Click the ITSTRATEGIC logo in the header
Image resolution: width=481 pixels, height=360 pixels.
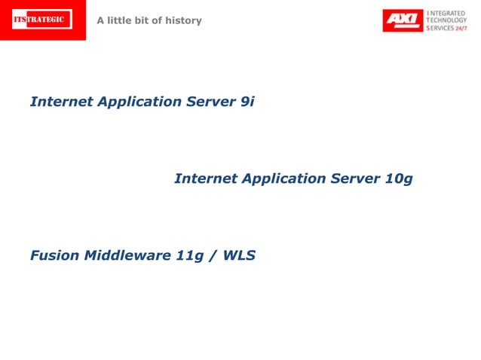click(42, 20)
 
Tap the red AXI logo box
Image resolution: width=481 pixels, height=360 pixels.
click(403, 20)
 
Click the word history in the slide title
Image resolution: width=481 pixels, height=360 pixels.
click(185, 20)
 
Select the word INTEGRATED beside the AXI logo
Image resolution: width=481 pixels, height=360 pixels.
click(448, 13)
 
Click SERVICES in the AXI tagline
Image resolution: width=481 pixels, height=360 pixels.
click(440, 27)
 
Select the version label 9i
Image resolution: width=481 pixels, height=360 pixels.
click(247, 102)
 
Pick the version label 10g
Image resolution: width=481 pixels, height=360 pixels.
click(399, 179)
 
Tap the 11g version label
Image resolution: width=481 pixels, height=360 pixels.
click(189, 256)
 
